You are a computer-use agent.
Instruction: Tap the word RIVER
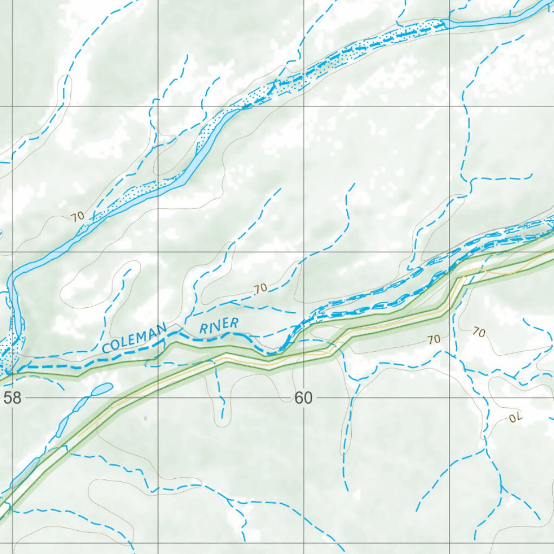coord(219,326)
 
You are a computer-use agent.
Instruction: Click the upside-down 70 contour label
coord(517,417)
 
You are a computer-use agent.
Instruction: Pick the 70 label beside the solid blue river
coord(77,216)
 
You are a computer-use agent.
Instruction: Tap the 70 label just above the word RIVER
coord(261,288)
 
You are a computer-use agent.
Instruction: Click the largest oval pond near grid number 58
coord(102,389)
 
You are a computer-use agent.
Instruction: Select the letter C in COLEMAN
coord(107,347)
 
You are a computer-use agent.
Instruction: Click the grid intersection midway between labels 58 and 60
coord(158,398)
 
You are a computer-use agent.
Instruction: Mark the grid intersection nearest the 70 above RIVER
coord(304,252)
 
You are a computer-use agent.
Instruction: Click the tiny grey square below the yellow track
coord(145,418)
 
